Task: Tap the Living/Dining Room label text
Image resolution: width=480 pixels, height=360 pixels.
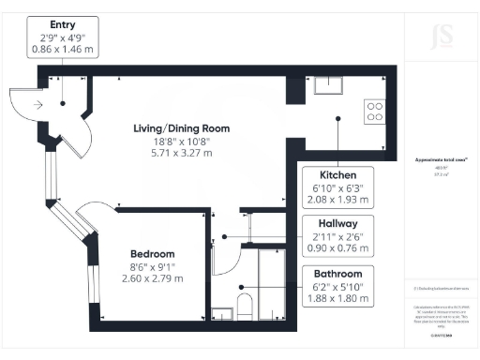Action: coord(179,128)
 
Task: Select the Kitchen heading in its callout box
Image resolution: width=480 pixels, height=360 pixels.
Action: coord(337,175)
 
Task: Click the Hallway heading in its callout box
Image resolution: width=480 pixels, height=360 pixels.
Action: coord(337,224)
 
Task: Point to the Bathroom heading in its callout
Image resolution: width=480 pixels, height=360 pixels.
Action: coord(337,274)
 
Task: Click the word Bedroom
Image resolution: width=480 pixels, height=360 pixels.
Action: coord(151,254)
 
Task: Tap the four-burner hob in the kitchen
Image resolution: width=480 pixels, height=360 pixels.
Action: coord(373,111)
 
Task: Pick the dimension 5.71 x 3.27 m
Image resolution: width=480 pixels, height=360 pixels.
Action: coord(179,155)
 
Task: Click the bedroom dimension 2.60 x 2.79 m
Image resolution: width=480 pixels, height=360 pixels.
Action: coord(151,279)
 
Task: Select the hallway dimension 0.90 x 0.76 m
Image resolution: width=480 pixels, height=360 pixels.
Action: coord(337,249)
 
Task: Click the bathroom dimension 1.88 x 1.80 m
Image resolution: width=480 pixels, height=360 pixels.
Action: coord(337,299)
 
